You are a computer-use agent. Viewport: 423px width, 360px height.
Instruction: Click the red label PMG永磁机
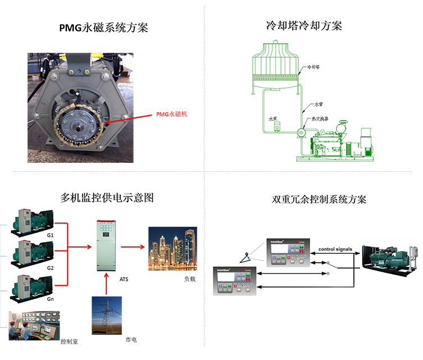coord(172,115)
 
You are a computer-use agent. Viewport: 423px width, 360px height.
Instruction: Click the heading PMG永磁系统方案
coord(104,28)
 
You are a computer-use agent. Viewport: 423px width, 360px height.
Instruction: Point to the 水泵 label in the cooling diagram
coord(273,119)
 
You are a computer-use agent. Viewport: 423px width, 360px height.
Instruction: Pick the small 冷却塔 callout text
coord(313,67)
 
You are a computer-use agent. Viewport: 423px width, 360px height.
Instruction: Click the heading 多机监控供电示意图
coord(107,198)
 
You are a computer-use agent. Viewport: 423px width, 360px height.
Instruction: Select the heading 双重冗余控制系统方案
coord(319,199)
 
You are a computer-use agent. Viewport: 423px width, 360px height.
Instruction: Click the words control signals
coord(335,249)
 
